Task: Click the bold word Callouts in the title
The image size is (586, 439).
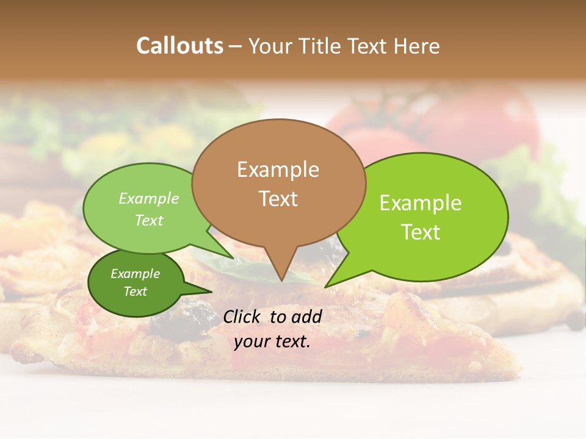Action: [x=179, y=46]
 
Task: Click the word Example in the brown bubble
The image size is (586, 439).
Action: [x=278, y=169]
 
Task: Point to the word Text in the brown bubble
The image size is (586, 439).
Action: [x=278, y=198]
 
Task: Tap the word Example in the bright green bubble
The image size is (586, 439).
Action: [x=421, y=203]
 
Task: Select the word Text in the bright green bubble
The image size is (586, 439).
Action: [x=421, y=232]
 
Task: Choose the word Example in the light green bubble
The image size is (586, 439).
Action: [x=149, y=198]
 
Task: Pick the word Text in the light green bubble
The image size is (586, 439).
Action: [x=149, y=220]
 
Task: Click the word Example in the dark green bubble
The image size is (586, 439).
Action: [x=135, y=274]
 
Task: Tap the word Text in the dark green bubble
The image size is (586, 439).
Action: [x=135, y=291]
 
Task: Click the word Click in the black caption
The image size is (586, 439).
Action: [x=243, y=316]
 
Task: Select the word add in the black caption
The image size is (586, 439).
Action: [x=306, y=316]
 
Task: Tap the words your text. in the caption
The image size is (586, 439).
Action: [x=272, y=341]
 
